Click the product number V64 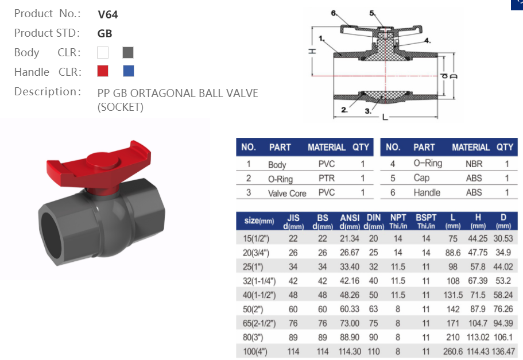(107, 14)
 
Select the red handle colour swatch (103, 71)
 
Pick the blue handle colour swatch (128, 71)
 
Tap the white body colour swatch (103, 53)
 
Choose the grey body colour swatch (128, 53)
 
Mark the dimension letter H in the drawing (313, 51)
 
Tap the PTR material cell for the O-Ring (326, 179)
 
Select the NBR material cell (474, 164)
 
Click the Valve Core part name (287, 193)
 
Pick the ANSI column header (350, 218)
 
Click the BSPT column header (426, 218)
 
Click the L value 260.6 (453, 351)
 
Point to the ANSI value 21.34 (350, 238)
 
